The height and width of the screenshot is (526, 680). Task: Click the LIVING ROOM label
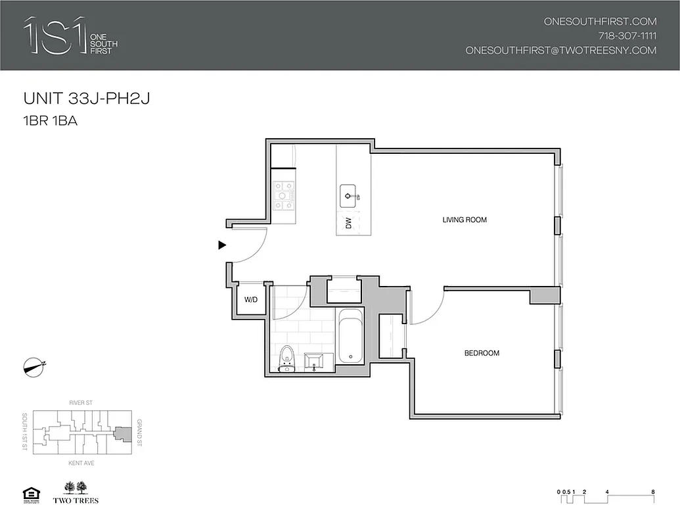(x=465, y=220)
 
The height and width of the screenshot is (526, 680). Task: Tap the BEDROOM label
(x=482, y=353)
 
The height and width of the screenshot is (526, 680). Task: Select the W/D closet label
(x=251, y=300)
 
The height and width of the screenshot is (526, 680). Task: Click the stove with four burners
(x=284, y=195)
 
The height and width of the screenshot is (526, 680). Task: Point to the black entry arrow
(x=222, y=245)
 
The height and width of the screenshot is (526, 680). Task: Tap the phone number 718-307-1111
(x=627, y=36)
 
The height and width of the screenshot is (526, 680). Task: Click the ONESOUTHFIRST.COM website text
(x=600, y=21)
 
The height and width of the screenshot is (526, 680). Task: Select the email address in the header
(x=560, y=50)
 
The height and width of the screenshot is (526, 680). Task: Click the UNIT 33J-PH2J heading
(x=88, y=99)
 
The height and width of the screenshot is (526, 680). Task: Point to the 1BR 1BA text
(x=51, y=121)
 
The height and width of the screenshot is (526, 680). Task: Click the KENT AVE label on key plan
(x=79, y=463)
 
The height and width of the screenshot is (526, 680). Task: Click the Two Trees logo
(x=80, y=492)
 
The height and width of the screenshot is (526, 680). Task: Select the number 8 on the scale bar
(x=652, y=491)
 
